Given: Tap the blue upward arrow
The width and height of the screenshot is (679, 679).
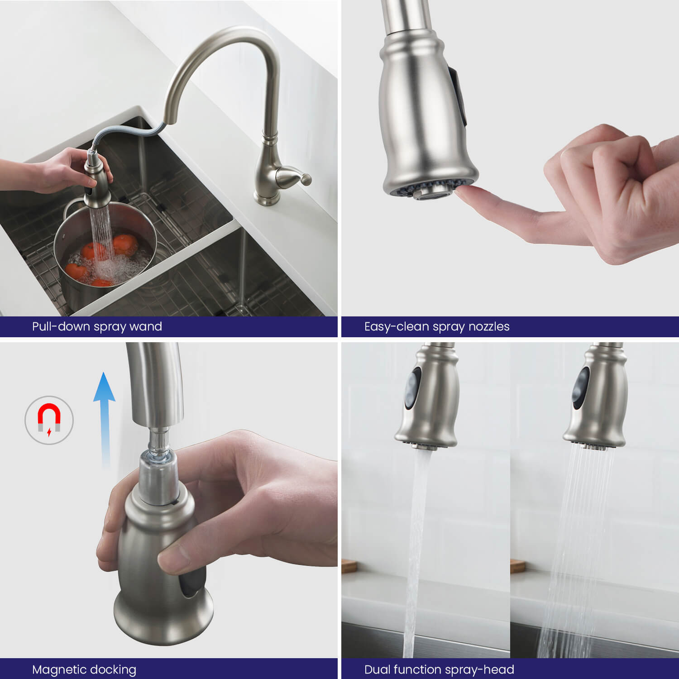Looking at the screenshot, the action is [x=105, y=419].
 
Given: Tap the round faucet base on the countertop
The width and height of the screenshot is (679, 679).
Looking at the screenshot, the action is [x=267, y=199].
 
